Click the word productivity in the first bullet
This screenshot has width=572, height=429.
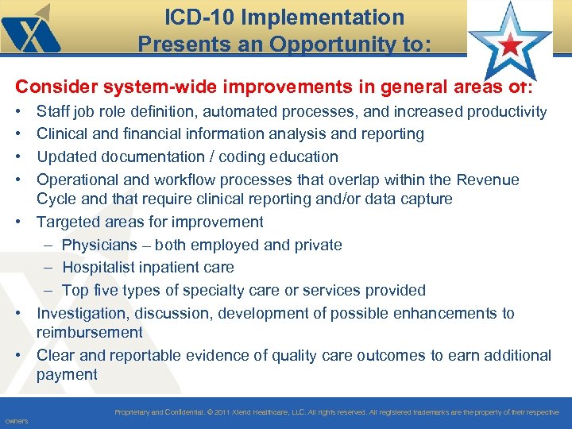[505, 112]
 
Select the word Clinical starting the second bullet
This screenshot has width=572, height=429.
[63, 134]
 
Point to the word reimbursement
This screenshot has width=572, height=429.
[89, 332]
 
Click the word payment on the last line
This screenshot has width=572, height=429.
[67, 374]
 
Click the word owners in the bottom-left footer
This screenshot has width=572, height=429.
[16, 421]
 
